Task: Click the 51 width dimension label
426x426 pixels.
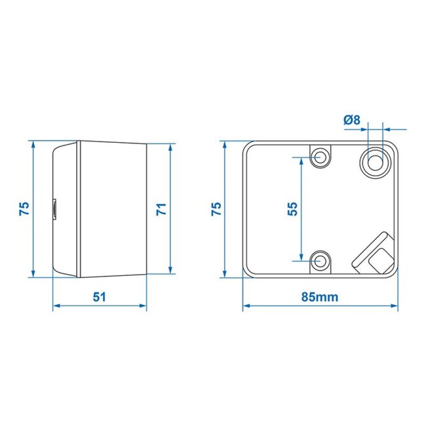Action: (x=99, y=296)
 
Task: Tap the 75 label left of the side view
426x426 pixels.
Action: (x=23, y=209)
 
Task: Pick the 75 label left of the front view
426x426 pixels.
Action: (x=217, y=209)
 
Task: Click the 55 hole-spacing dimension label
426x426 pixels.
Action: (x=292, y=209)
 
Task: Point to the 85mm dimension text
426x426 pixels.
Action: (x=320, y=296)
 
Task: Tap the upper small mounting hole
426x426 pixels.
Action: (x=320, y=157)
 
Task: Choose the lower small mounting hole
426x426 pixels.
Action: (x=320, y=260)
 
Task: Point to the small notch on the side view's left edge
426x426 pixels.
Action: (x=54, y=208)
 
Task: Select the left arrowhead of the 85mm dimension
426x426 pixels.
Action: (x=246, y=305)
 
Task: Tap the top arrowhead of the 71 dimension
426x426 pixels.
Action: (x=171, y=145)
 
